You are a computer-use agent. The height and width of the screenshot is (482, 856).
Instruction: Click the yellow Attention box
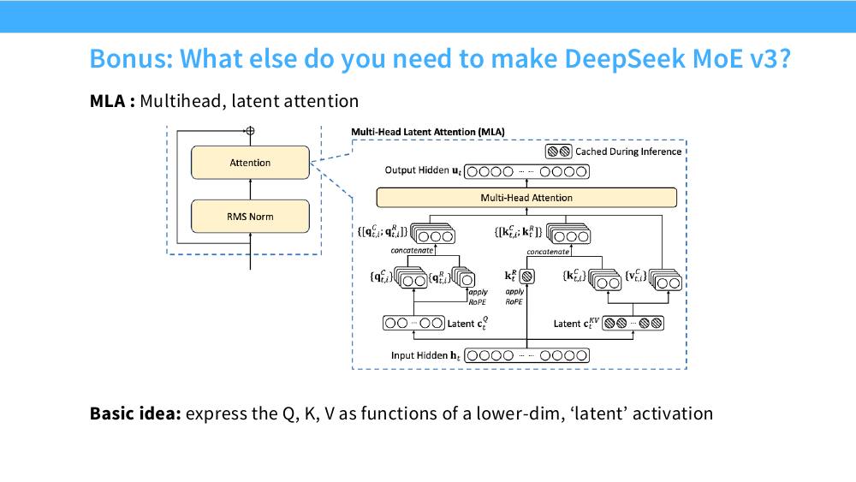250,163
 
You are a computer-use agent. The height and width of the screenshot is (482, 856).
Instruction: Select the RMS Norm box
250,217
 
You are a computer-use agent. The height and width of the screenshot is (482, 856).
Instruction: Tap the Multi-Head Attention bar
526,198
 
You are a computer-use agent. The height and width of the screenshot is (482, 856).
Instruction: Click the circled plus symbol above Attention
250,130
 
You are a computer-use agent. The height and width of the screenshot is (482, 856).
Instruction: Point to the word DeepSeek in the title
624,59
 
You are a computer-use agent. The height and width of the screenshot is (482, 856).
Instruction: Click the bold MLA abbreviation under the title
108,101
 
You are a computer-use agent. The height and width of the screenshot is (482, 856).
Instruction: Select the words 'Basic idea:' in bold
135,414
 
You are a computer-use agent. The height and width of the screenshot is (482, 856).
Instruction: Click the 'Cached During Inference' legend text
628,152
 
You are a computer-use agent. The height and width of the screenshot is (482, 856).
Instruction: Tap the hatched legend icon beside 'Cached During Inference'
559,152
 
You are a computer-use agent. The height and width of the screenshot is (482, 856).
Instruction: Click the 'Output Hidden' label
417,170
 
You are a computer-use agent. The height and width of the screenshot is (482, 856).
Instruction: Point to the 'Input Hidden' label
419,355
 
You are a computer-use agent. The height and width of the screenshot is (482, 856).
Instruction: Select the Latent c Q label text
468,324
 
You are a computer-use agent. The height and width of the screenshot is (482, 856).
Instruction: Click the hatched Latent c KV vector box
633,323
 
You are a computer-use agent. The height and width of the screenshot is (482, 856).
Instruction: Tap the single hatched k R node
526,277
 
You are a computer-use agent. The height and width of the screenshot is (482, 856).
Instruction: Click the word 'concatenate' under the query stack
413,251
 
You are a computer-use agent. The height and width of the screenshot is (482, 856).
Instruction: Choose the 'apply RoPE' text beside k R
514,297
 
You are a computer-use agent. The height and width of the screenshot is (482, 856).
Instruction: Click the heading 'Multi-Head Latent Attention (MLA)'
428,132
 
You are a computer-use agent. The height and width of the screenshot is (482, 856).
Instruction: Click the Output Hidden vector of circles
526,172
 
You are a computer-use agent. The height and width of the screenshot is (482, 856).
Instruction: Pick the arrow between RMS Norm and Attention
250,189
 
